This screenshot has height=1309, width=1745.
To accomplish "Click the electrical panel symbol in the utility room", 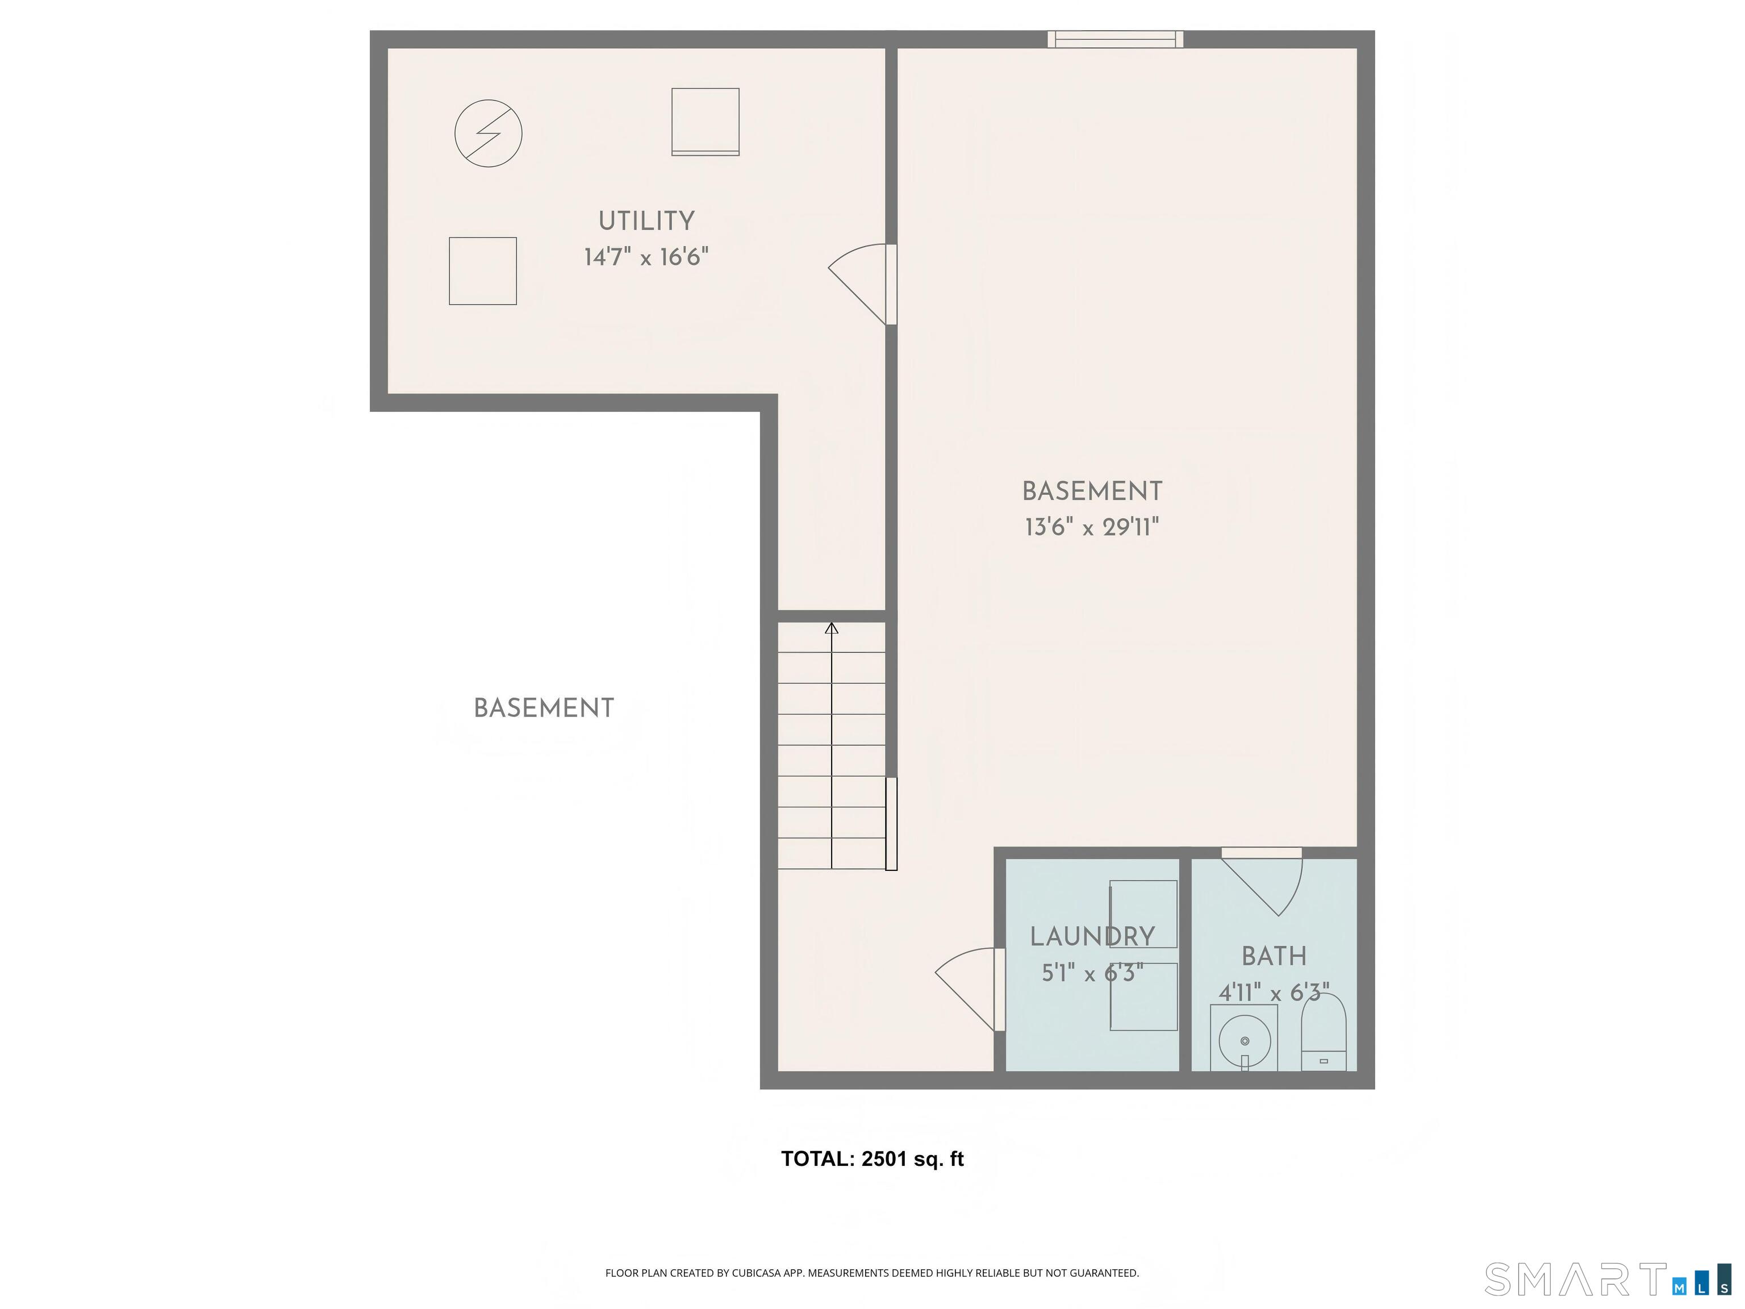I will click(489, 134).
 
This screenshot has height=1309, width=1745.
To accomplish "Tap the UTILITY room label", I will click(646, 222).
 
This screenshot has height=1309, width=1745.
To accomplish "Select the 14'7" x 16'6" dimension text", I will click(646, 257).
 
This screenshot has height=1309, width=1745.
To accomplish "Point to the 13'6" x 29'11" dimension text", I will click(1092, 527).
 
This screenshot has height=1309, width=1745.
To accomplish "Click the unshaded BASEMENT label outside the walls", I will click(544, 708).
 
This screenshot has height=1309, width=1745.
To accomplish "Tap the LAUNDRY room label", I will click(1092, 937).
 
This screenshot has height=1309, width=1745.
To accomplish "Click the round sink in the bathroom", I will click(1244, 1040).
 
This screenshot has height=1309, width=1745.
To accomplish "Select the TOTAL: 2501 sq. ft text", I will click(872, 1159).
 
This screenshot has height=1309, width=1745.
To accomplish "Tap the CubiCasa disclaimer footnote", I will click(872, 1273).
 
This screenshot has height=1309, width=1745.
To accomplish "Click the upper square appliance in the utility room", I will click(705, 122).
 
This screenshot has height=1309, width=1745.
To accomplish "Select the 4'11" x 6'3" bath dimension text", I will click(1274, 993).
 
